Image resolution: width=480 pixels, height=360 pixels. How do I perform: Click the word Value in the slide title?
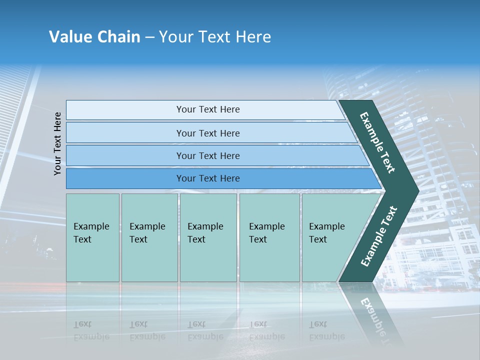point(70,37)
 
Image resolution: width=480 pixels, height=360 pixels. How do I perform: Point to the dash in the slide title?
point(149,37)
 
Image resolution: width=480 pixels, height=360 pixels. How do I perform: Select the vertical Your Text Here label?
point(57,143)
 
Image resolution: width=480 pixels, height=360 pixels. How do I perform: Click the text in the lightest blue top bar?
point(208,109)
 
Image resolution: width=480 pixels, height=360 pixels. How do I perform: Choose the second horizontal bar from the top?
point(208,133)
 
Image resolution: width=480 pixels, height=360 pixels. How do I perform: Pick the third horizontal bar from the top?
point(208,155)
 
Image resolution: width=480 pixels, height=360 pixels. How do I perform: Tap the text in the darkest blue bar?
point(208,178)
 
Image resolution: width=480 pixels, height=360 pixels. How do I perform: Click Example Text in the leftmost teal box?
point(91,233)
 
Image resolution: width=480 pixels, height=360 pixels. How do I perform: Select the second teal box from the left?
point(149,237)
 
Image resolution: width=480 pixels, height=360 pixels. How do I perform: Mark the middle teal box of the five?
point(208,237)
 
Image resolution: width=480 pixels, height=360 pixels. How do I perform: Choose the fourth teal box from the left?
point(269,237)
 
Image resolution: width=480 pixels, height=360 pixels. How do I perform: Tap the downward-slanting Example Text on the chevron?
point(377,142)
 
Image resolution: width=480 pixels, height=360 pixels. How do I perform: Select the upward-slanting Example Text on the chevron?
point(378,236)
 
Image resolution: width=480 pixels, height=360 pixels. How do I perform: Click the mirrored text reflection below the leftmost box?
point(91,330)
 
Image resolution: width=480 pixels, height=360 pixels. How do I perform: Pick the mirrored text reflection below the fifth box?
point(326,330)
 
